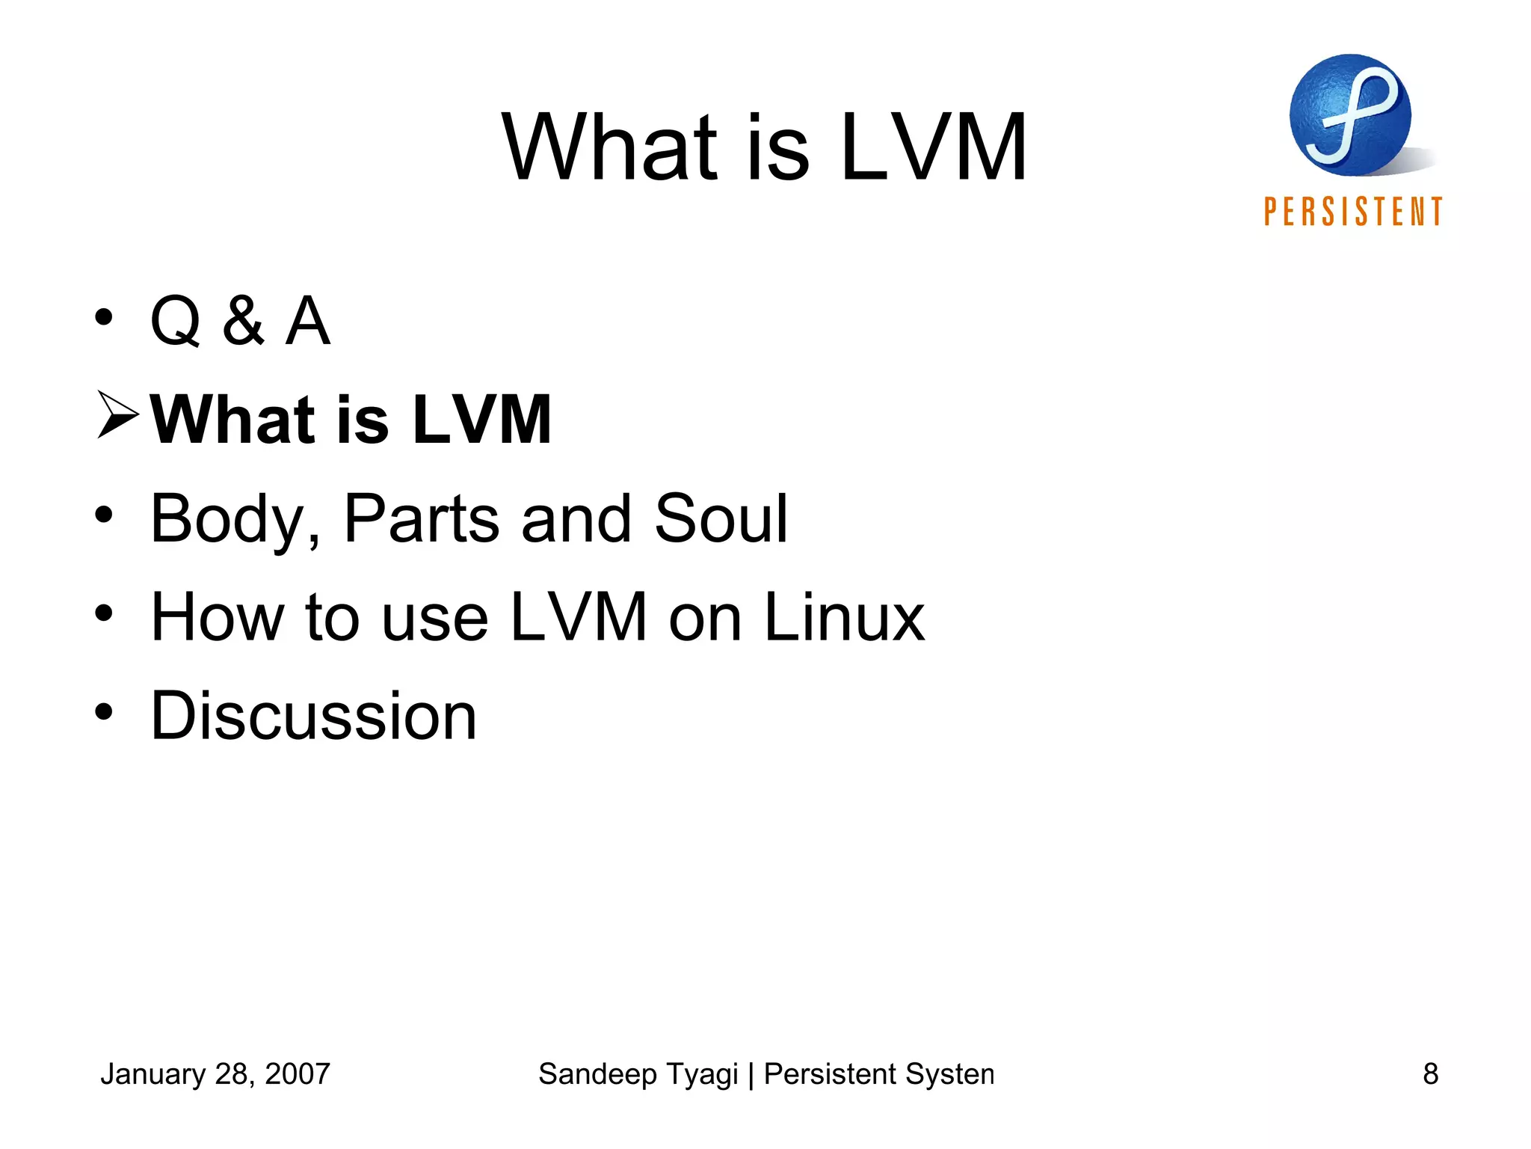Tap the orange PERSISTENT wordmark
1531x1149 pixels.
[x=1353, y=212]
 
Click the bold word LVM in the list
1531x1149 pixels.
[x=481, y=420]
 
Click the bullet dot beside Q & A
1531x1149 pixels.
[x=104, y=317]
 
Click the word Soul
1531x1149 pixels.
[x=721, y=518]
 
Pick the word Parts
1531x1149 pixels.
[x=421, y=518]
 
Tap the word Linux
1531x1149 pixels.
[x=844, y=617]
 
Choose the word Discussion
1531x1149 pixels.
[x=313, y=716]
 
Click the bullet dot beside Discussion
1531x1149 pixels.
[x=104, y=712]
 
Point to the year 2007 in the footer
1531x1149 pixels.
[x=298, y=1074]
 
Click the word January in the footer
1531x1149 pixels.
[x=153, y=1074]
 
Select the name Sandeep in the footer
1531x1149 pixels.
[x=597, y=1074]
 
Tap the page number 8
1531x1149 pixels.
[x=1430, y=1074]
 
